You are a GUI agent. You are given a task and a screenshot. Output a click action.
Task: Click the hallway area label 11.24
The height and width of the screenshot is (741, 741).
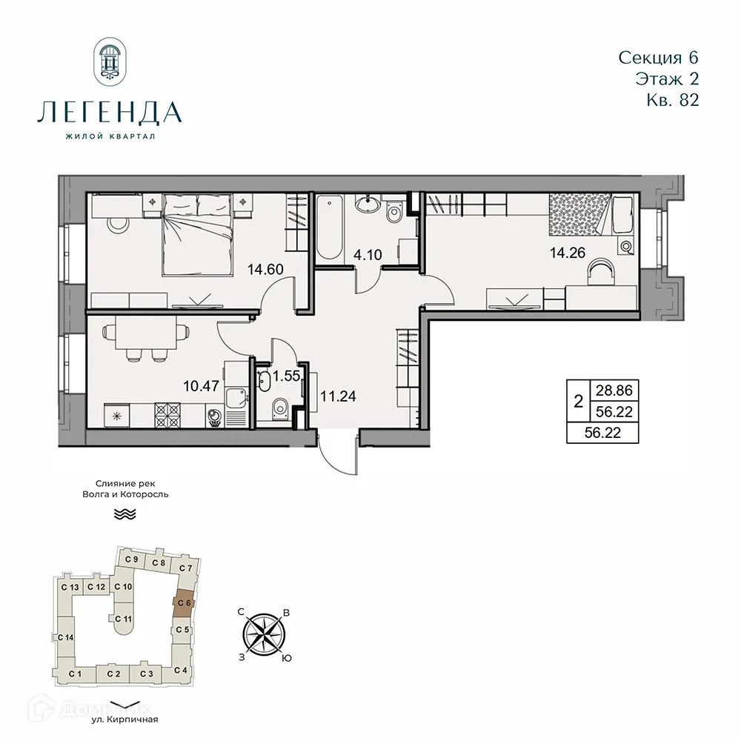click(x=338, y=395)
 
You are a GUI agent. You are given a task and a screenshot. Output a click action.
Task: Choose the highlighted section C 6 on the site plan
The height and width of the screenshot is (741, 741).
click(x=183, y=603)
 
